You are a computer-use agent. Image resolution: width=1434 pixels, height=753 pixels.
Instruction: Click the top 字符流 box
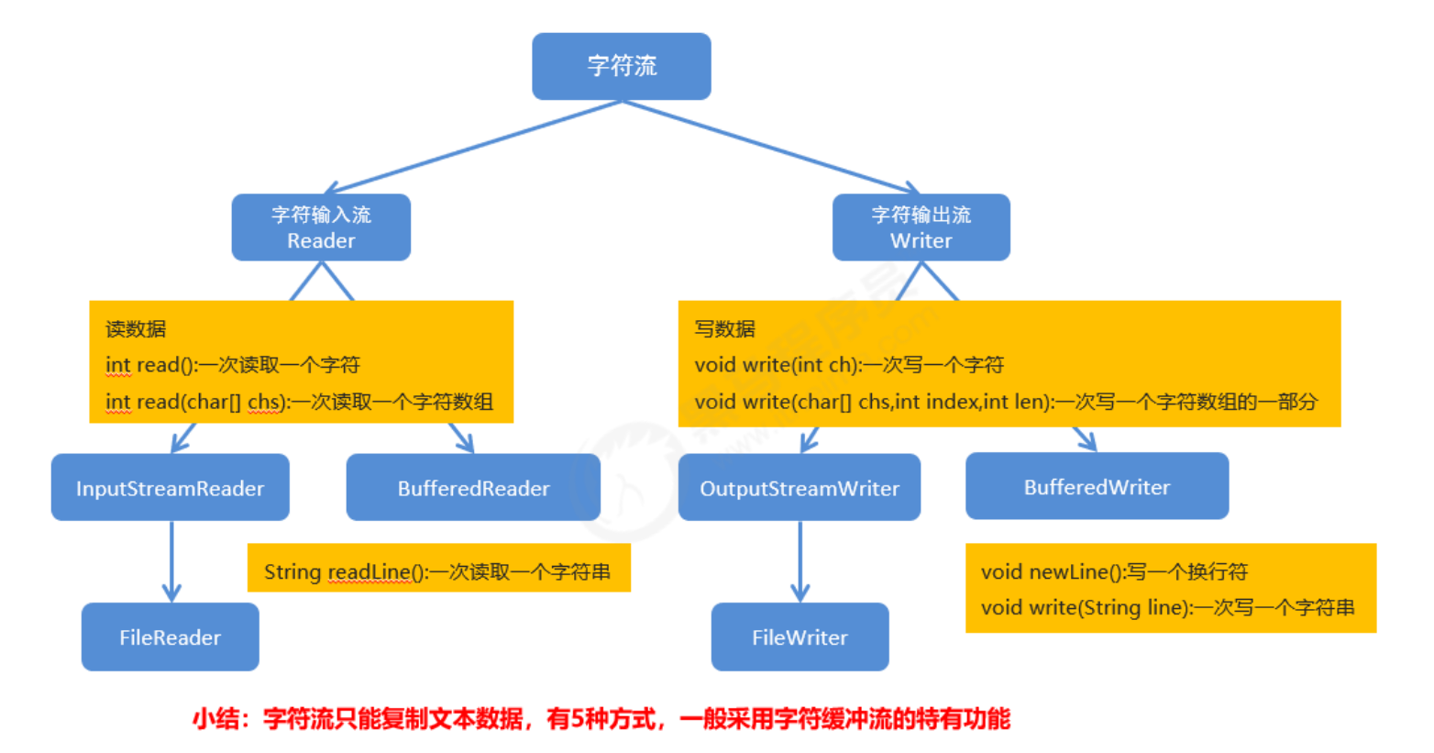click(622, 66)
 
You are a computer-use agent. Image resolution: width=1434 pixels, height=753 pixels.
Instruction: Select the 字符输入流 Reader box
click(321, 227)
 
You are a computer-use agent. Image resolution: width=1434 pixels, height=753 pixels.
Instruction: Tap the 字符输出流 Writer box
click(921, 227)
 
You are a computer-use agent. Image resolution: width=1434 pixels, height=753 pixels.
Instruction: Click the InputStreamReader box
click(171, 488)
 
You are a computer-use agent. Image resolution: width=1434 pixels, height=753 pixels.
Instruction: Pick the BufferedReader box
click(473, 488)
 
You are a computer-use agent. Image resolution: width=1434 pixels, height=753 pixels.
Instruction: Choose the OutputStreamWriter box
click(800, 488)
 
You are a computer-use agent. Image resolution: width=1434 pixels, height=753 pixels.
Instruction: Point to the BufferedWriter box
click(1097, 487)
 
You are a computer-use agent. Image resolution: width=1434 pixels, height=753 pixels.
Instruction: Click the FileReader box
click(171, 637)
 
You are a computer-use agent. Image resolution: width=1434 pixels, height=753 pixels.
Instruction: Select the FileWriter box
click(800, 637)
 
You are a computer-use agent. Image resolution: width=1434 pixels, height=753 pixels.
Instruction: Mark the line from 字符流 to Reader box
click(472, 147)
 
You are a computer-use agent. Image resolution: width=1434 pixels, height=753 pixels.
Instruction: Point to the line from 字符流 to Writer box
click(770, 147)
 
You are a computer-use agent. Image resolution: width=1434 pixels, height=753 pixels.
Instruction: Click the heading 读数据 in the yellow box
click(136, 329)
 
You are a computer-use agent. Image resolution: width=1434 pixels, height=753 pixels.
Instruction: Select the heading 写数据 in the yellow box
click(725, 329)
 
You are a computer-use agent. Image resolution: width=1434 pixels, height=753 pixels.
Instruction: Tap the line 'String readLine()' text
click(437, 572)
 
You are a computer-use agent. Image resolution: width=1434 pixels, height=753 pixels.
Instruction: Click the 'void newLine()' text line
click(1114, 572)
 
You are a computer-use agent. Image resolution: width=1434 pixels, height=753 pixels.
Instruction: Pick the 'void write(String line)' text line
click(1167, 607)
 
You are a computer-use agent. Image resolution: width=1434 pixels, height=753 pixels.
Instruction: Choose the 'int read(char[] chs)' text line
click(299, 402)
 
